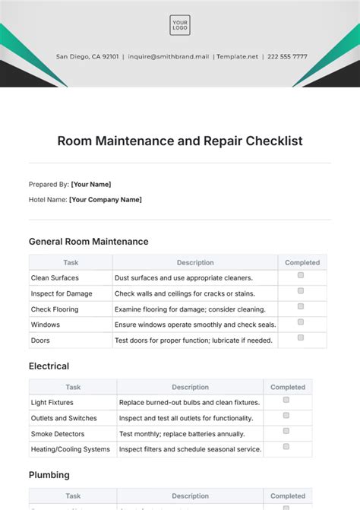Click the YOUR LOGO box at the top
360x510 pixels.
[x=180, y=25]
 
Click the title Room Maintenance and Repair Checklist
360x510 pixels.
[x=180, y=141]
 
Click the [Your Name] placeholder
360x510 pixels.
[x=90, y=184]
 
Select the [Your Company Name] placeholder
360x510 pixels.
[x=105, y=200]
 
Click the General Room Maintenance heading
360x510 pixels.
[x=88, y=242]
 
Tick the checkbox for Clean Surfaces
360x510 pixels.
[x=301, y=275]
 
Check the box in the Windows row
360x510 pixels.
[x=301, y=322]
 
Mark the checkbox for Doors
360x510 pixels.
[x=301, y=337]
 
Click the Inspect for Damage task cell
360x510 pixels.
[x=62, y=293]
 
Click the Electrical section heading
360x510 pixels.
[x=49, y=366]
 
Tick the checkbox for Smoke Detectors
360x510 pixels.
[x=286, y=431]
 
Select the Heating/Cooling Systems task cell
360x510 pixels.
[x=70, y=449]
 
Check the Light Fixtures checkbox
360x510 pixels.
[x=286, y=400]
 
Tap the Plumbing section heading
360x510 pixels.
[x=49, y=475]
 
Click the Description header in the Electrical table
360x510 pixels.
[x=190, y=387]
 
